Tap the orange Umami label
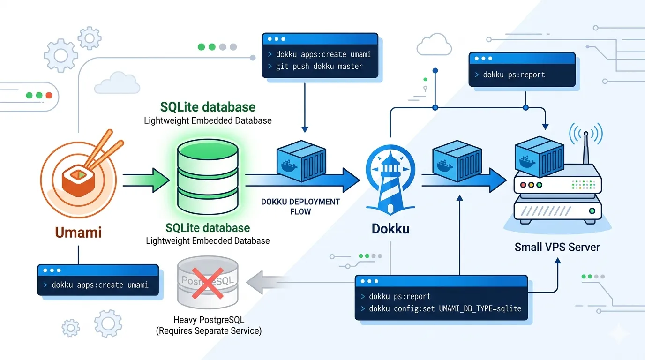point(78,232)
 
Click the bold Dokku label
point(390,229)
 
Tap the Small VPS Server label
point(557,247)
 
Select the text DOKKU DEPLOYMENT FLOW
point(300,206)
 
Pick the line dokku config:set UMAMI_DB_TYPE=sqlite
point(445,309)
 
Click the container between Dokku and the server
point(456,162)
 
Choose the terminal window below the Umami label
point(98,279)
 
